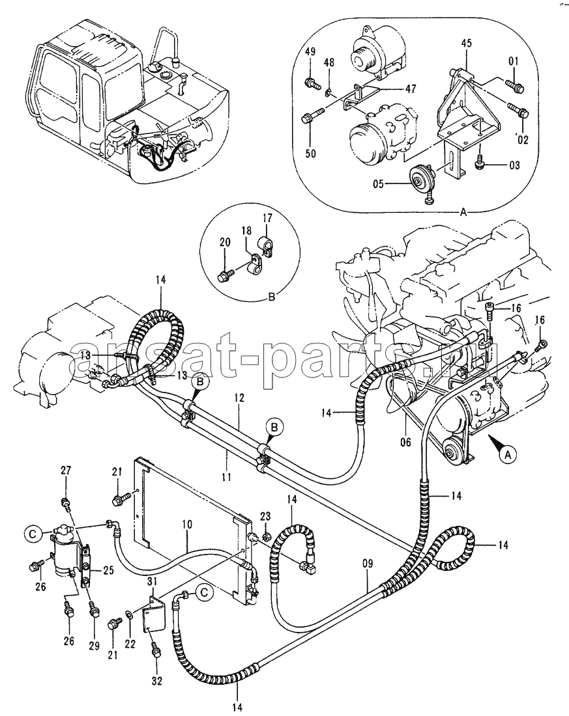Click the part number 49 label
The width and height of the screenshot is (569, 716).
coord(310,51)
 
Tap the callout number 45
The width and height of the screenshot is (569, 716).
coord(466,45)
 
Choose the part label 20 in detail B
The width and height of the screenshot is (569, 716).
coord(224,242)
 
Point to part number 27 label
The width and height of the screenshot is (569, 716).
coord(65,471)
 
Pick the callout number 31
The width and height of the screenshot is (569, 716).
coord(152,582)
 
